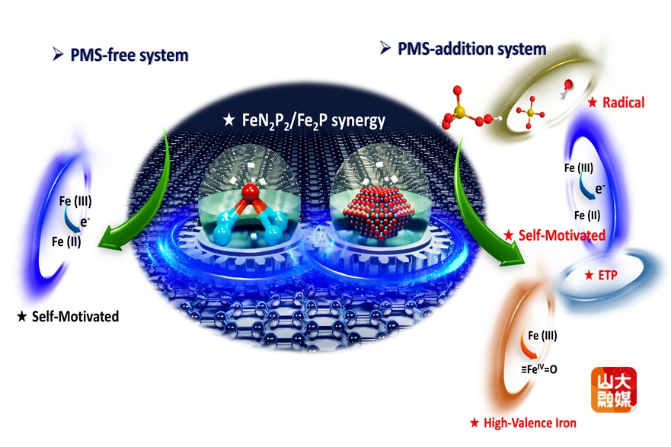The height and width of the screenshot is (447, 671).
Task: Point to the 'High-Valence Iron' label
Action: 523,423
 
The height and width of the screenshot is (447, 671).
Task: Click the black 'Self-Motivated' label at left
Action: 68,315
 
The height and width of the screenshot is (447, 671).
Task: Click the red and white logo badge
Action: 614,390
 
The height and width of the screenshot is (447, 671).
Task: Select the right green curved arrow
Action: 480,206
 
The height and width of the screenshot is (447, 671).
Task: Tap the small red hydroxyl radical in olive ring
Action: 567,85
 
